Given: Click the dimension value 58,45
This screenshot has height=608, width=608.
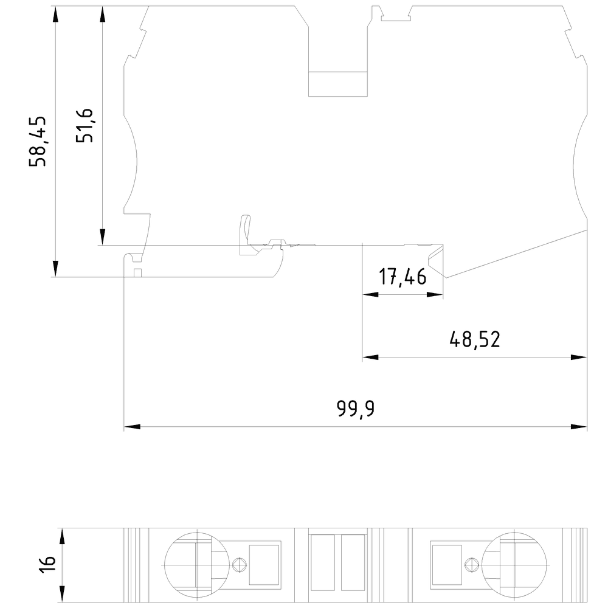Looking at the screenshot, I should point(40,140).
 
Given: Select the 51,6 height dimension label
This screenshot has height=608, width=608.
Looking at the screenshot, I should point(84,125).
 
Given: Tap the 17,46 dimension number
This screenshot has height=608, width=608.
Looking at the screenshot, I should point(402,277).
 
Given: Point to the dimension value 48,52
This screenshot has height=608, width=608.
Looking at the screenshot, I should point(474,339).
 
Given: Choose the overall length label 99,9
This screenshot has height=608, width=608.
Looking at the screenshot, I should point(356,409).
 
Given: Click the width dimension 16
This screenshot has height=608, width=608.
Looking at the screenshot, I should point(49,563).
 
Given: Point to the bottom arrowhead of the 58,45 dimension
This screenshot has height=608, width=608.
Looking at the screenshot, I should point(55,269).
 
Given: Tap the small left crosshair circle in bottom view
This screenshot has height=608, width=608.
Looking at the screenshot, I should point(240,564).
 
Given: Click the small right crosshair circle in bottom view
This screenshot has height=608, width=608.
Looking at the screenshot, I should point(470,564).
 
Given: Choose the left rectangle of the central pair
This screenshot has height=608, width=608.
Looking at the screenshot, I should point(323,562).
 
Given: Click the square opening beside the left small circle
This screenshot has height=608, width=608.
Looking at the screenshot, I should point(264,563).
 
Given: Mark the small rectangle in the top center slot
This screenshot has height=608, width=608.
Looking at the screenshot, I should point(338,83).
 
